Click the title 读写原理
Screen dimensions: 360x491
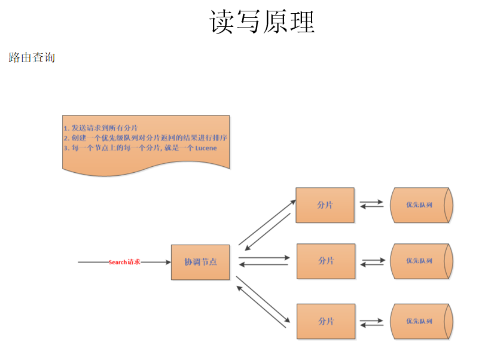[x=262, y=22]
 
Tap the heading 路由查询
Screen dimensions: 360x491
[x=32, y=57]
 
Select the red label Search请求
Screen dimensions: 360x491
[x=124, y=262]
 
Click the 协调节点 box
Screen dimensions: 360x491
[x=200, y=262]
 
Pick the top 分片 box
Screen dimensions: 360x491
[x=325, y=205]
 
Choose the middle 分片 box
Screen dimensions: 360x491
[x=326, y=261]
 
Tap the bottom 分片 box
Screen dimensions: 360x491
[x=326, y=321]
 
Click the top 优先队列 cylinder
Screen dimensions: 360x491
[x=420, y=205]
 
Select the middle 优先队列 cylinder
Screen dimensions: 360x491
[x=420, y=261]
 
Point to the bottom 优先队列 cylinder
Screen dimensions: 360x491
[x=420, y=321]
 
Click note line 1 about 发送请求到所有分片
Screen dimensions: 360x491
[x=100, y=128]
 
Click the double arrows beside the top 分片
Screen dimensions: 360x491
[x=371, y=205]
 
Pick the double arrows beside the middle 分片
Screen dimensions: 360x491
[x=373, y=261]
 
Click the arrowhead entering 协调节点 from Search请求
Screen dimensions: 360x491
[x=167, y=262]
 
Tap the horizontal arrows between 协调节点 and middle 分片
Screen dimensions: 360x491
[x=263, y=261]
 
